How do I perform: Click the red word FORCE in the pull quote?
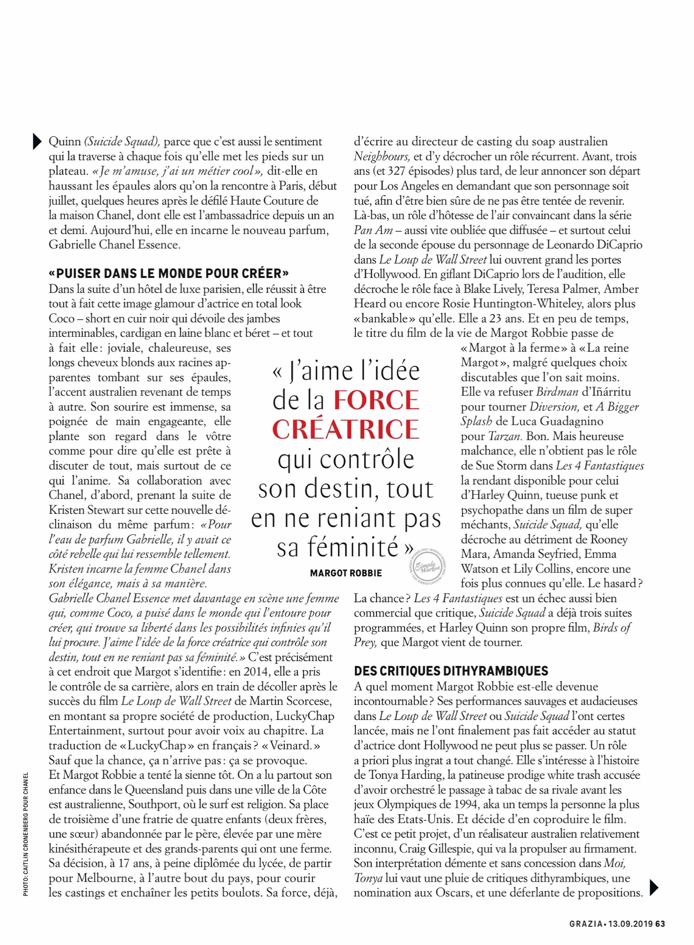pyautogui.click(x=376, y=400)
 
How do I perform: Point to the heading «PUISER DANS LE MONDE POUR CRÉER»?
pyautogui.click(x=169, y=274)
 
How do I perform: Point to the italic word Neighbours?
pyautogui.click(x=381, y=157)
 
